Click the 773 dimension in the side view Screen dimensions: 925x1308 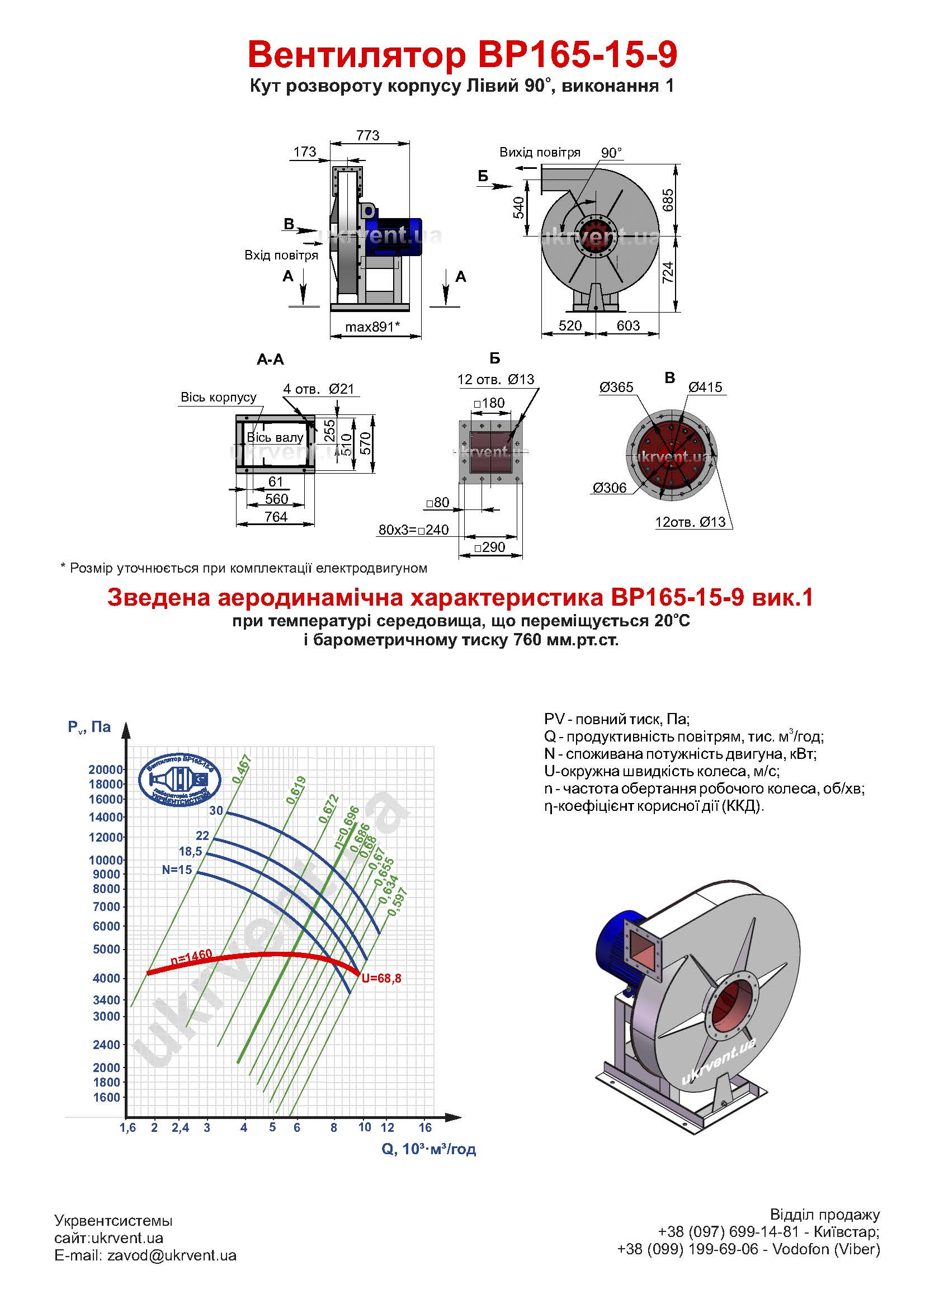pos(367,135)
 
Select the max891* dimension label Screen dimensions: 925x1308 pos(373,327)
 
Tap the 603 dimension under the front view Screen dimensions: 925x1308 pos(628,325)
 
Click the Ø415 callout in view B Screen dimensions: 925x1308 pos(705,388)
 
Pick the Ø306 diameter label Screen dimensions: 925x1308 pos(610,488)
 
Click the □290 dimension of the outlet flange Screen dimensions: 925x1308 pos(489,547)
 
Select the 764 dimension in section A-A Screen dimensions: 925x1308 pos(276,517)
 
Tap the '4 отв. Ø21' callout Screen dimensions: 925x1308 pos(319,389)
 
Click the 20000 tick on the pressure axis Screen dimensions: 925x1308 pos(106,769)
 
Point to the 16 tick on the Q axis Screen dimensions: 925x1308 pos(425,1127)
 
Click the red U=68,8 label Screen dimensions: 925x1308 pos(381,979)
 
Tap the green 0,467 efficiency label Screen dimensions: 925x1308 pos(242,768)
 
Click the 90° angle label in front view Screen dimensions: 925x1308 pos(612,153)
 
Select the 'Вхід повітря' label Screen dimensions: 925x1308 pos(281,255)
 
